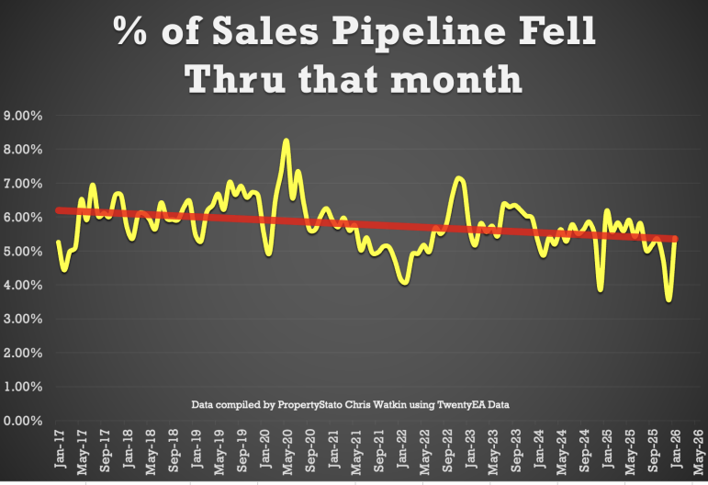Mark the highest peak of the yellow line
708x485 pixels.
[x=287, y=141]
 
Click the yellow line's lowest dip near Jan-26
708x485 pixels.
[x=669, y=299]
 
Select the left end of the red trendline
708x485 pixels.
[x=58, y=210]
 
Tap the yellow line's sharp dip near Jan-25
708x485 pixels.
[x=601, y=289]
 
